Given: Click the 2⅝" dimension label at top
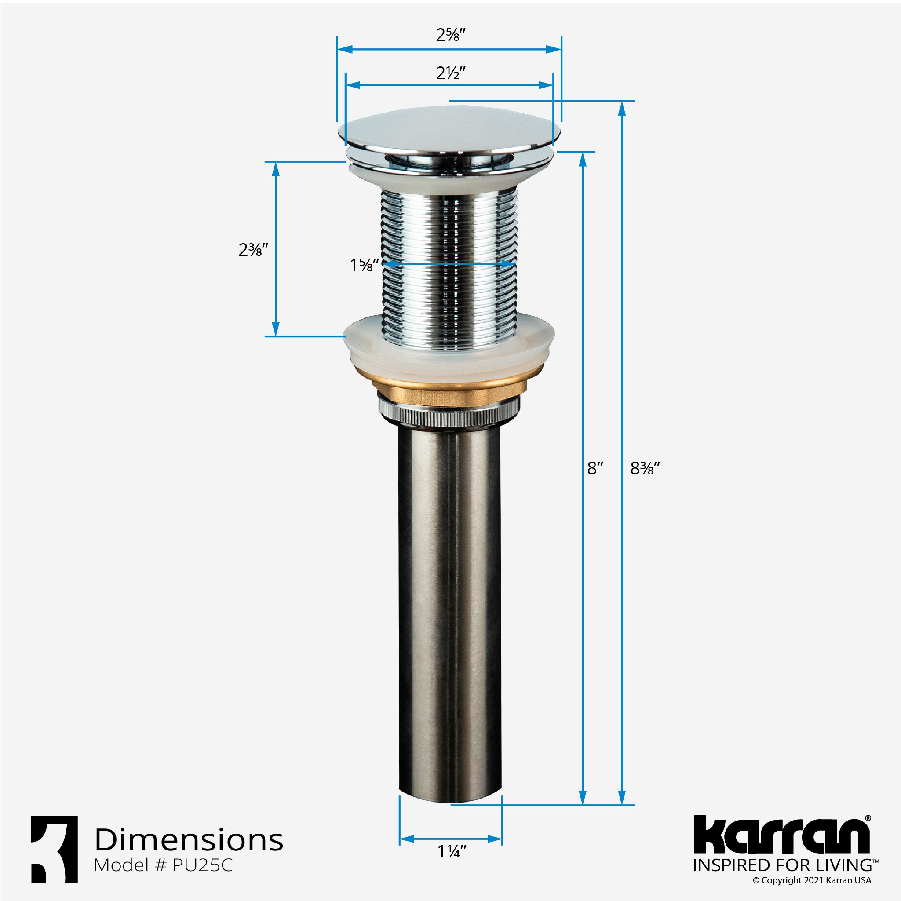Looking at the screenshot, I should pos(450,35).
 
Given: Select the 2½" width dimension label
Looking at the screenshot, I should pos(450,73).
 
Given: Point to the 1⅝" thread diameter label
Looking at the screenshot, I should pos(364,265).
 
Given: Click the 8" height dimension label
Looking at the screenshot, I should pos(595,468).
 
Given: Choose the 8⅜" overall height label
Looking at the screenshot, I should pos(645,468).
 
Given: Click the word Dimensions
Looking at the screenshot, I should pos(189,840).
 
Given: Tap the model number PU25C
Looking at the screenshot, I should pos(202,865).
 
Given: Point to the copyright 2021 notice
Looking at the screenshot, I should pos(811,880).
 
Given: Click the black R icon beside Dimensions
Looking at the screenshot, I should pos(55,849).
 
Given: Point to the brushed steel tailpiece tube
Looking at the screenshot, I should pos(450,606).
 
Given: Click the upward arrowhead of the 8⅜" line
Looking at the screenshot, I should pos(621,108).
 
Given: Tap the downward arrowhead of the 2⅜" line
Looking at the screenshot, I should pos(276,329).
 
